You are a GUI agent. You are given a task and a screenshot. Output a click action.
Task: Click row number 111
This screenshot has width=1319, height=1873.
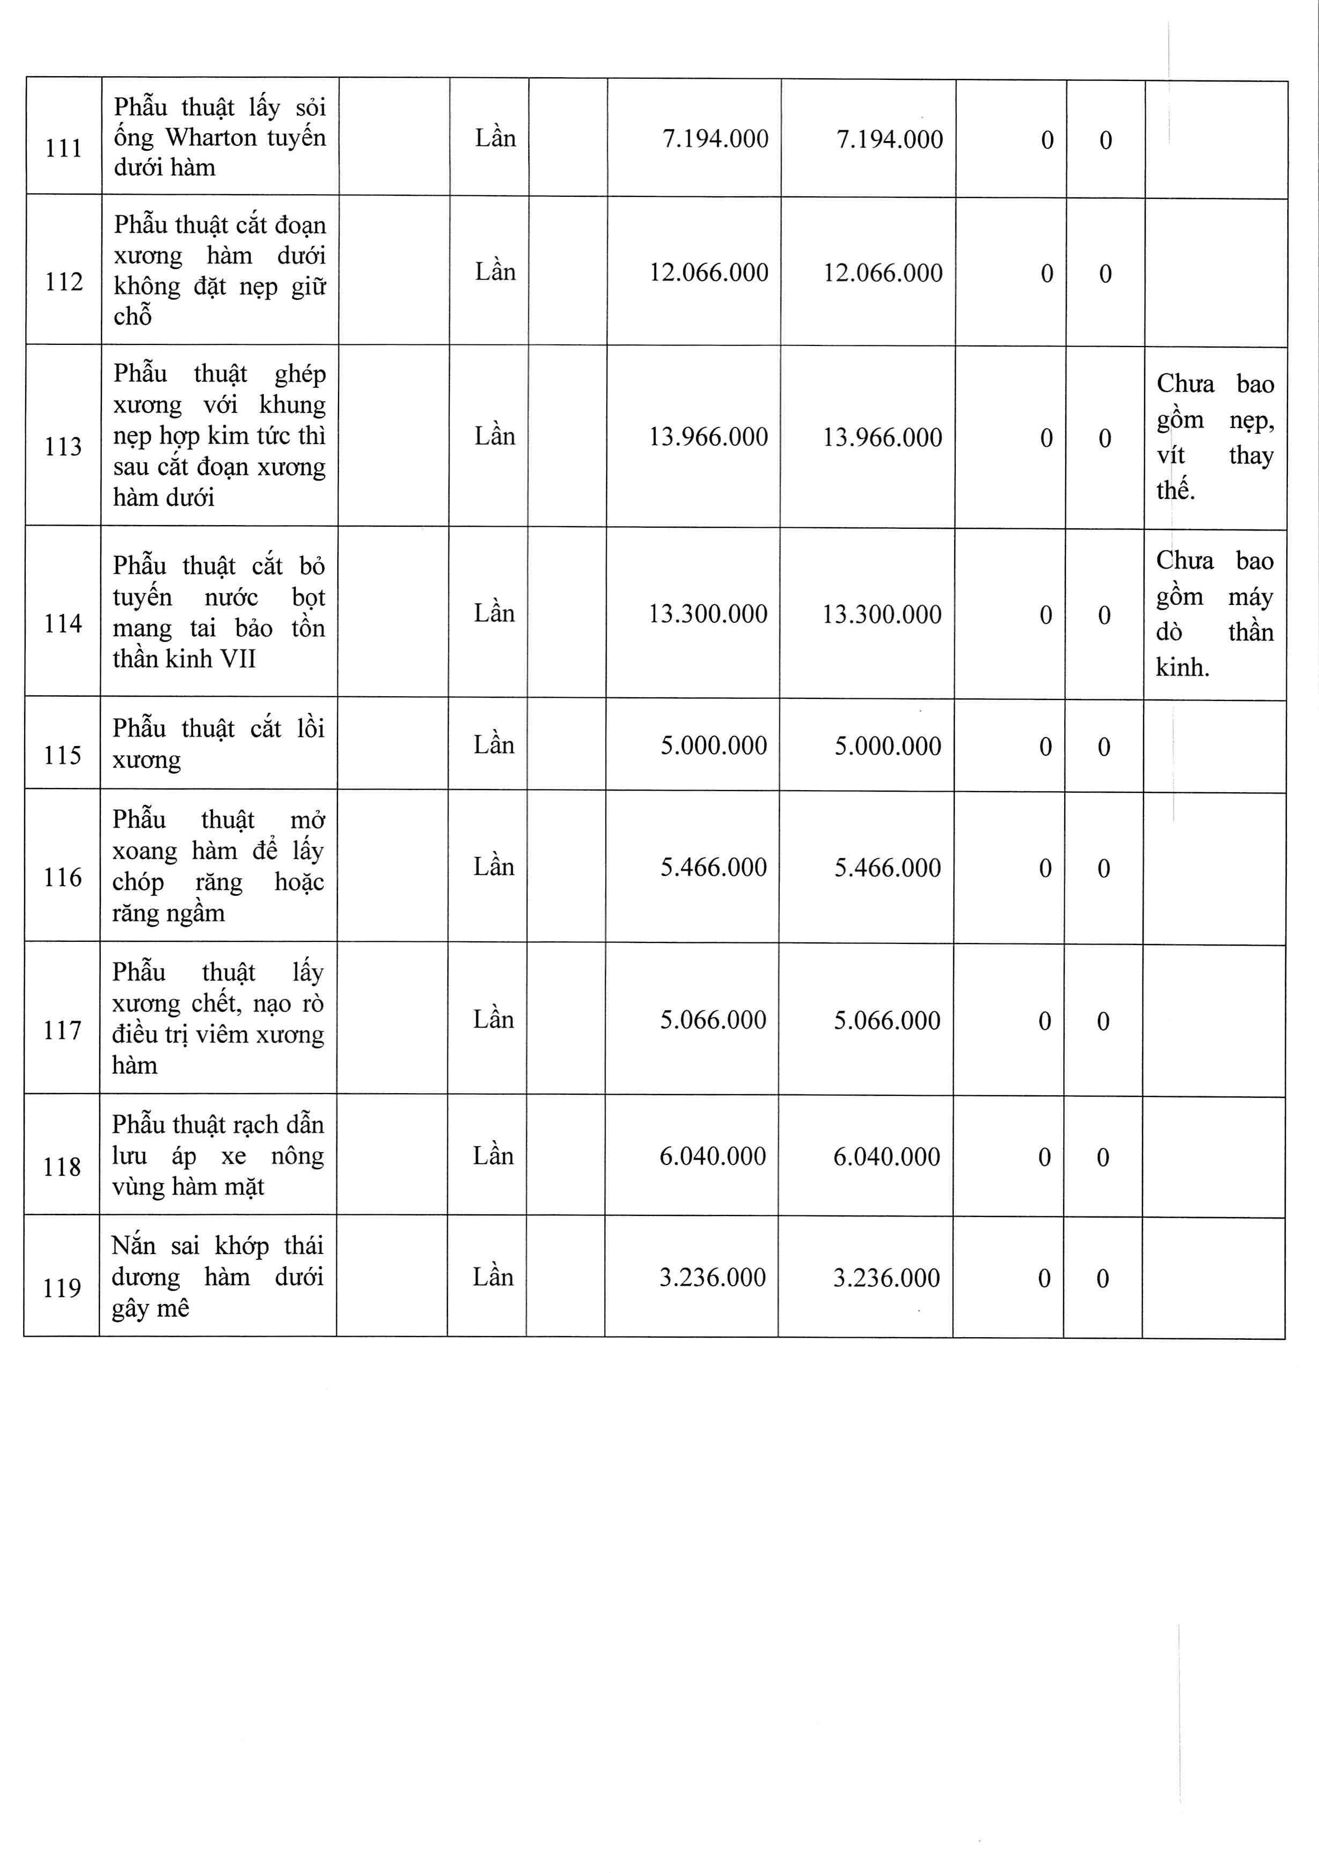click(x=64, y=149)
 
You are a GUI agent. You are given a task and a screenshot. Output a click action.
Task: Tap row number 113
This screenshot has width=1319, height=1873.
click(x=63, y=447)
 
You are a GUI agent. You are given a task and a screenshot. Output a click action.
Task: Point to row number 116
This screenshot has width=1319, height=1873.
click(x=63, y=877)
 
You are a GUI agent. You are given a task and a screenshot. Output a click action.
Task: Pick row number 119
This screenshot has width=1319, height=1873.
click(x=62, y=1288)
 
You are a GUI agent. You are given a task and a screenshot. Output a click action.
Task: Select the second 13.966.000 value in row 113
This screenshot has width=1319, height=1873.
click(x=882, y=437)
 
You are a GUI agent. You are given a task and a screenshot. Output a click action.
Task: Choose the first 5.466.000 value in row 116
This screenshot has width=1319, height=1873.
click(x=713, y=867)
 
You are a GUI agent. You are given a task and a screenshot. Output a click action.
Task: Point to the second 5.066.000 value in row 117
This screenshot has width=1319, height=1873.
click(x=887, y=1021)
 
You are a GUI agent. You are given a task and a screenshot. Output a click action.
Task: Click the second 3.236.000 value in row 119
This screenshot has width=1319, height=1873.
click(x=886, y=1278)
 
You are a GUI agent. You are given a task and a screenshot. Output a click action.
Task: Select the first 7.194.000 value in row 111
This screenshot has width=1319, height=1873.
click(x=714, y=139)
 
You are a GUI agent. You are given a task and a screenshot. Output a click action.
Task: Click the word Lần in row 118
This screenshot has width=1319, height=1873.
click(x=493, y=1155)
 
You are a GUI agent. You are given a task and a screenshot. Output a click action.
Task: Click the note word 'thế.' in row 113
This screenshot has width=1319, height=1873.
click(x=1175, y=490)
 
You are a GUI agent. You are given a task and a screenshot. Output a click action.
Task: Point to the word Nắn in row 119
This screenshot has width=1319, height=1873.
click(x=133, y=1245)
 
